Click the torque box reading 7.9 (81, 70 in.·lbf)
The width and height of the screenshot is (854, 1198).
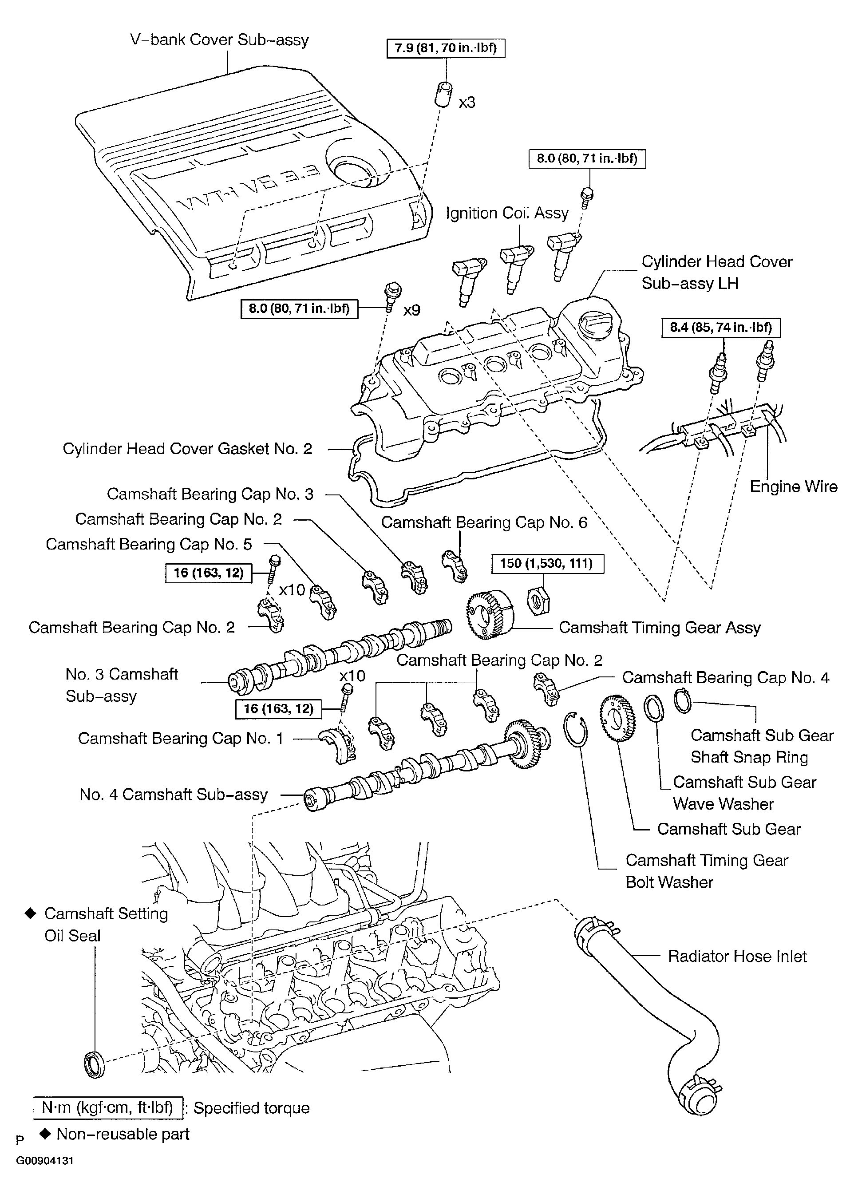tap(446, 48)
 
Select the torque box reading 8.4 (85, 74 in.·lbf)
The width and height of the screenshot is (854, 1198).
tap(721, 328)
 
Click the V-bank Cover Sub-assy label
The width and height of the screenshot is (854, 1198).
tap(219, 40)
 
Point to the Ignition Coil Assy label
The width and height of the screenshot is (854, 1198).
tap(507, 213)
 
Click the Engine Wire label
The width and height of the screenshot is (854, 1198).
tap(794, 486)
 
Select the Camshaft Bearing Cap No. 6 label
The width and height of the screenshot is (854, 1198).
tap(484, 522)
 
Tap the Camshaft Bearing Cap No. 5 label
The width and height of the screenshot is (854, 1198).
tap(149, 544)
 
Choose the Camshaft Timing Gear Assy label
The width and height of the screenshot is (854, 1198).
tap(660, 627)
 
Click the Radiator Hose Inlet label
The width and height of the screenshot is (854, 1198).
tap(737, 956)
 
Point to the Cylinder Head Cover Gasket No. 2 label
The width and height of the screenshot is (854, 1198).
tap(188, 449)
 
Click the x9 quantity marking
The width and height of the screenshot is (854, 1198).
tap(412, 310)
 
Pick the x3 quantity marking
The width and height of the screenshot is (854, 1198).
tap(467, 102)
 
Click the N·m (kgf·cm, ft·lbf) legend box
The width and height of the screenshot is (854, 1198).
tap(108, 1108)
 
